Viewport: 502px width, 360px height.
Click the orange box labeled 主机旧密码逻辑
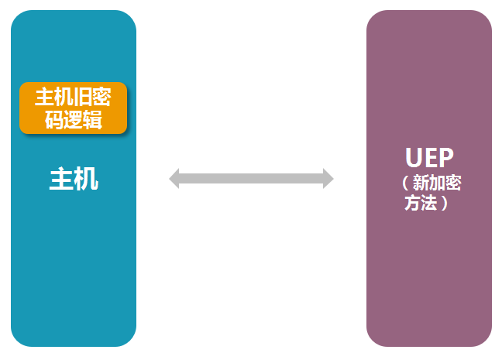point(73,108)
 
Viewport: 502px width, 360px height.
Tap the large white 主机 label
point(74,180)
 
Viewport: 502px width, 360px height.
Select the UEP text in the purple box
point(428,157)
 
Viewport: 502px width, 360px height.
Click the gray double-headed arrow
point(251,179)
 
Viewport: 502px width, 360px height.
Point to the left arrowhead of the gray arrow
point(174,179)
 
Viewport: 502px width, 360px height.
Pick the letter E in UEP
point(429,157)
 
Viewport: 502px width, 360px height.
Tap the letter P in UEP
point(444,157)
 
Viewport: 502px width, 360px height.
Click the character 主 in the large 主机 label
point(61,180)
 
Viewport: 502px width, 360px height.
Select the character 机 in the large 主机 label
point(86,180)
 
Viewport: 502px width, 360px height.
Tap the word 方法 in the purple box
point(421,204)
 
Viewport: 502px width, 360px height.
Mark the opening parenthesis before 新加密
point(406,183)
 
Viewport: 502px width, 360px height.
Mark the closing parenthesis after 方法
point(444,204)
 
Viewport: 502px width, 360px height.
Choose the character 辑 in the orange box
point(93,119)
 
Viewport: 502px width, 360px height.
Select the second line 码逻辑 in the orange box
point(74,119)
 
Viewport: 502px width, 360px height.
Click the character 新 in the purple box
point(421,183)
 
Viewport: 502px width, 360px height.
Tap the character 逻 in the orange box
point(74,119)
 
